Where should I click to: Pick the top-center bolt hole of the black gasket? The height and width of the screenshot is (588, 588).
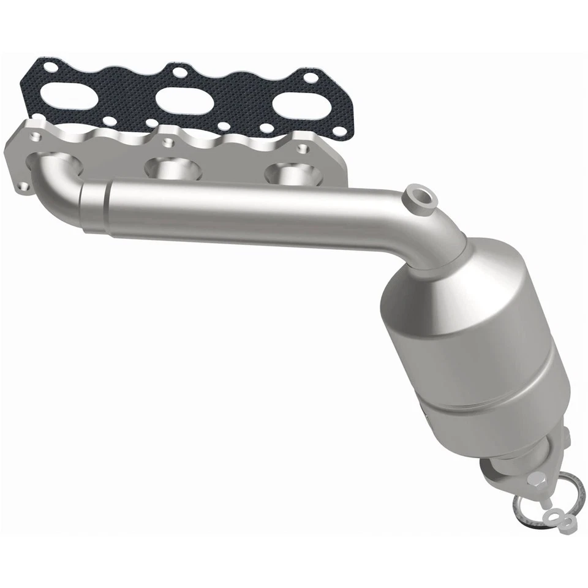179,73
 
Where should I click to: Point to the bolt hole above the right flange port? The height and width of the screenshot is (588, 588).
301,148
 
